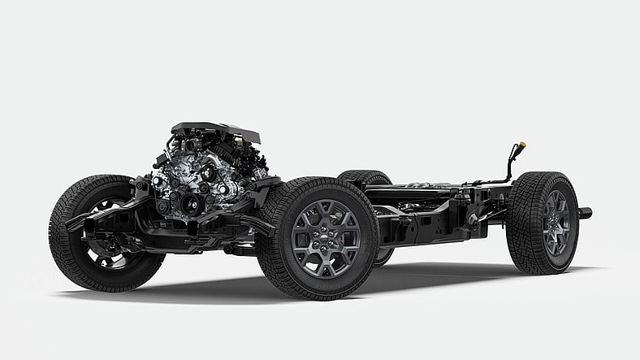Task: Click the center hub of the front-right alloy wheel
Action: [x=326, y=237]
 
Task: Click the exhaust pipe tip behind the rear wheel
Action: [x=586, y=214]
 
